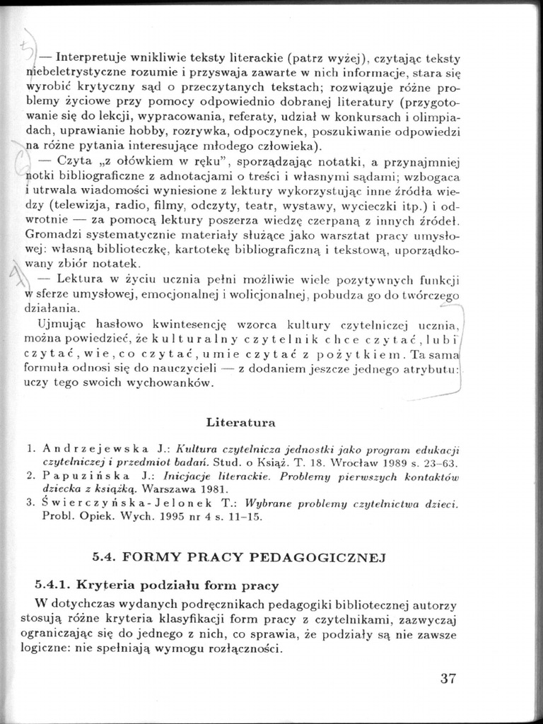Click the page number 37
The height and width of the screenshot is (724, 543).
pos(448,679)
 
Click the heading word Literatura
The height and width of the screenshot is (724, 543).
pos(241,422)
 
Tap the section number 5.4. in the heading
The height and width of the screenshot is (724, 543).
pos(105,556)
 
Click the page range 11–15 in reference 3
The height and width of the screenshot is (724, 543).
pos(245,517)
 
